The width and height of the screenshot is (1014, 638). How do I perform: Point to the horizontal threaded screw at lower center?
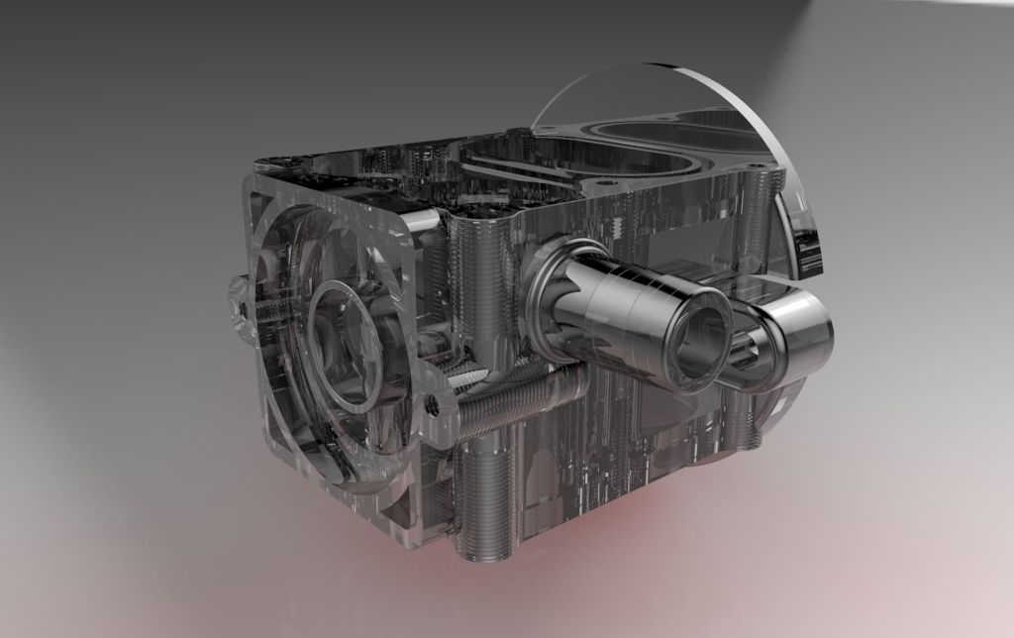pos(505,400)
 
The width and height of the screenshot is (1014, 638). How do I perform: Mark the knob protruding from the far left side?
pos(236,307)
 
